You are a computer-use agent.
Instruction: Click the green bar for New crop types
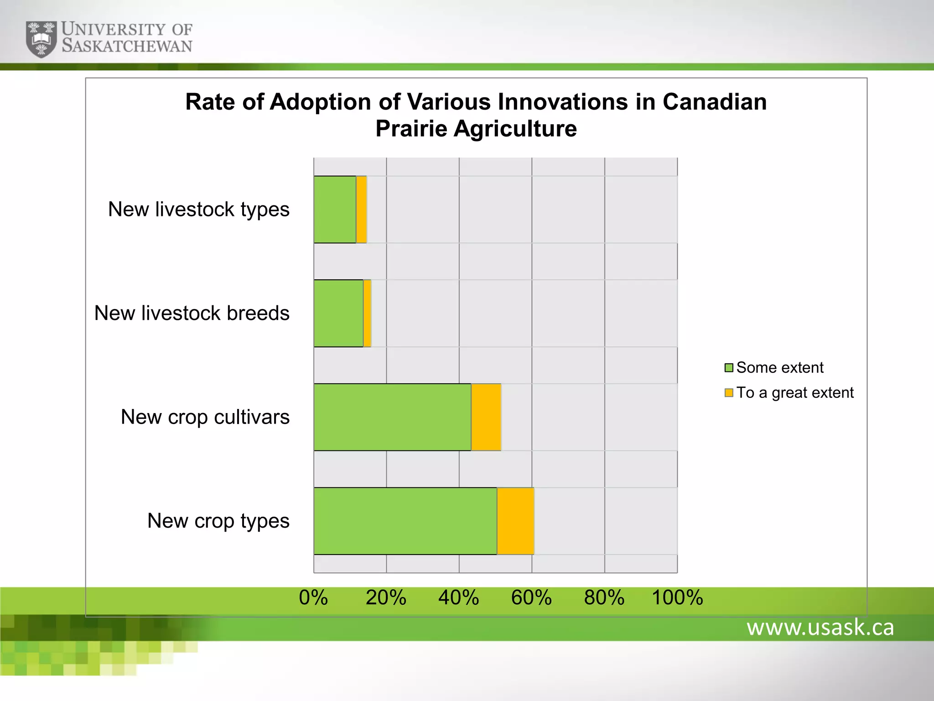click(x=405, y=521)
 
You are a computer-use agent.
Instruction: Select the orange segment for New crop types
click(x=515, y=521)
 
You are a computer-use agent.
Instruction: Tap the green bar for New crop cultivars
click(x=392, y=417)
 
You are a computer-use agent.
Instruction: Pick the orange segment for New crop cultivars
click(x=486, y=417)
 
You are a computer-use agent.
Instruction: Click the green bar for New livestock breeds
click(x=338, y=313)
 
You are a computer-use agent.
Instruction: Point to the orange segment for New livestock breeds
click(x=367, y=313)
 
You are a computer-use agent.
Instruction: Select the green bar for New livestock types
click(x=335, y=209)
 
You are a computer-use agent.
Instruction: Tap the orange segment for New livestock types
click(x=361, y=209)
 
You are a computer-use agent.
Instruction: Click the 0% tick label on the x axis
click(x=313, y=597)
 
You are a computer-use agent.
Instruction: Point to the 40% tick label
click(x=459, y=597)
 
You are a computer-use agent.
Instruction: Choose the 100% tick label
click(x=677, y=597)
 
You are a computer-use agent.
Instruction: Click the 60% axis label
click(x=531, y=597)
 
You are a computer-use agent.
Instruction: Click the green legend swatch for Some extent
click(x=729, y=368)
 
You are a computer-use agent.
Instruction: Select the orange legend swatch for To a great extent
click(x=729, y=392)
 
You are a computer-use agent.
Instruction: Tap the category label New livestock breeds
click(x=192, y=313)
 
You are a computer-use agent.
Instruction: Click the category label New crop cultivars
click(x=205, y=417)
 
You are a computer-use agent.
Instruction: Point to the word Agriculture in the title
click(x=515, y=129)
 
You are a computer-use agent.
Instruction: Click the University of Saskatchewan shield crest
click(x=41, y=39)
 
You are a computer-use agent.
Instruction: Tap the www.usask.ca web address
click(x=820, y=628)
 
